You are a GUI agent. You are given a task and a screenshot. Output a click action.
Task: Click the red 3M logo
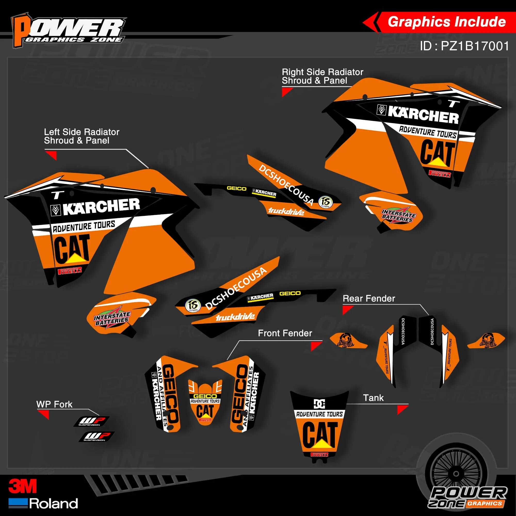pos(22,486)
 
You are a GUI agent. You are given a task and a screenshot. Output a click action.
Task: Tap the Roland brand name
pos(53,503)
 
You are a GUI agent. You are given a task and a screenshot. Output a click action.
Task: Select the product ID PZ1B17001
pos(464,46)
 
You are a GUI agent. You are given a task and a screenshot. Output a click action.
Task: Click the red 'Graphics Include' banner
pos(446,22)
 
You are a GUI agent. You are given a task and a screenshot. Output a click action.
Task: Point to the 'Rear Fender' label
pos(369,298)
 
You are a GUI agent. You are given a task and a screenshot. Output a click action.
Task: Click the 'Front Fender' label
pos(285,333)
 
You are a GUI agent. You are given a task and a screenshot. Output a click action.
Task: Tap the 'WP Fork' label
pos(54,404)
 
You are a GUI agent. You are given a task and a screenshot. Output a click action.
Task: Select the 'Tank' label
pos(373,398)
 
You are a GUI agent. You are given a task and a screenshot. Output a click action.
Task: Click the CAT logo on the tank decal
pos(320,434)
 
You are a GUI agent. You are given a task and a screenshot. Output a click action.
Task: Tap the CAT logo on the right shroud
pos(438,152)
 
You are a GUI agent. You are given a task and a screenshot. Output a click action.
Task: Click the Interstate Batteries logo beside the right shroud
pos(398,215)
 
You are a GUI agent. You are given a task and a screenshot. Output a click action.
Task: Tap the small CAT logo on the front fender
pos(205,411)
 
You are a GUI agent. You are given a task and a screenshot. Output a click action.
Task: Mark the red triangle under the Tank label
pos(402,409)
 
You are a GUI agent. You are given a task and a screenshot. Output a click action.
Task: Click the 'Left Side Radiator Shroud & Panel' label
pos(82,136)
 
